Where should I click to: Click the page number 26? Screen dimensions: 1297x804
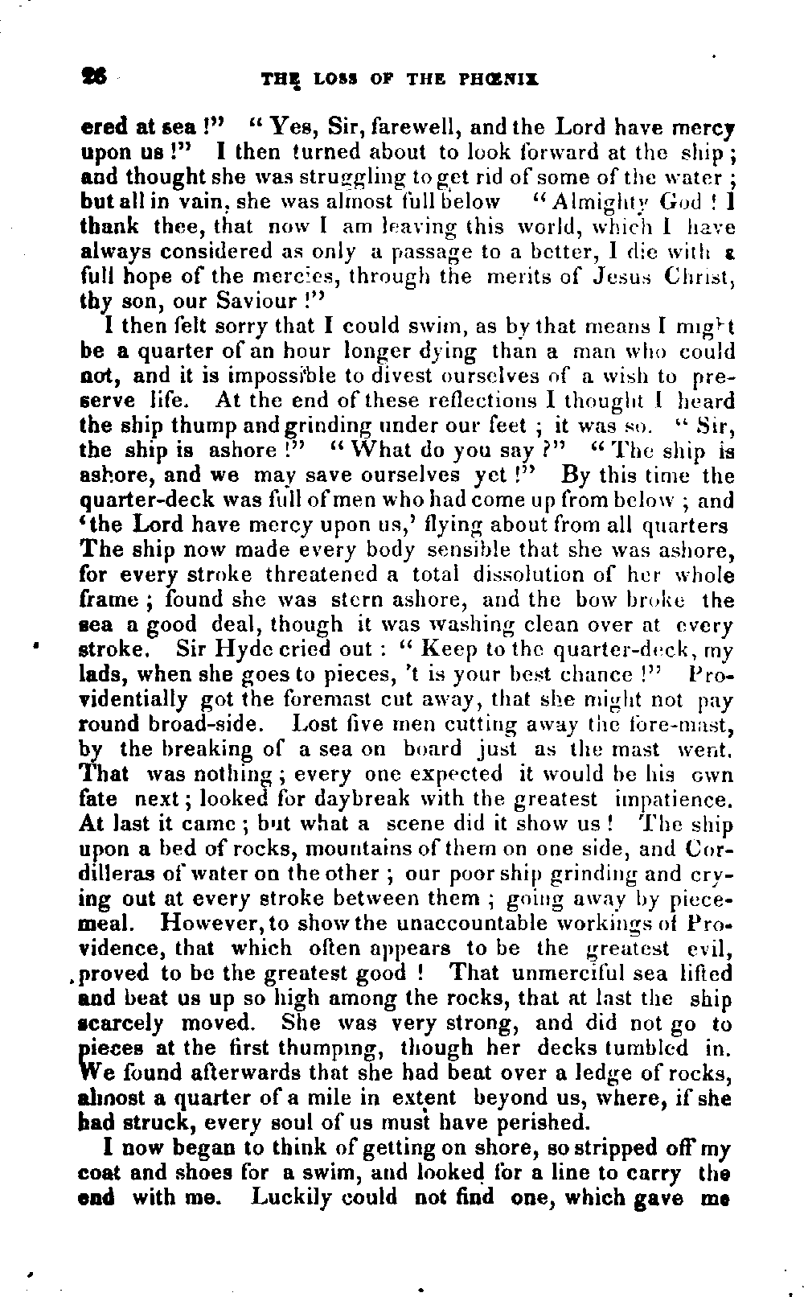(x=94, y=78)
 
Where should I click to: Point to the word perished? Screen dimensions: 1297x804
(x=537, y=1122)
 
